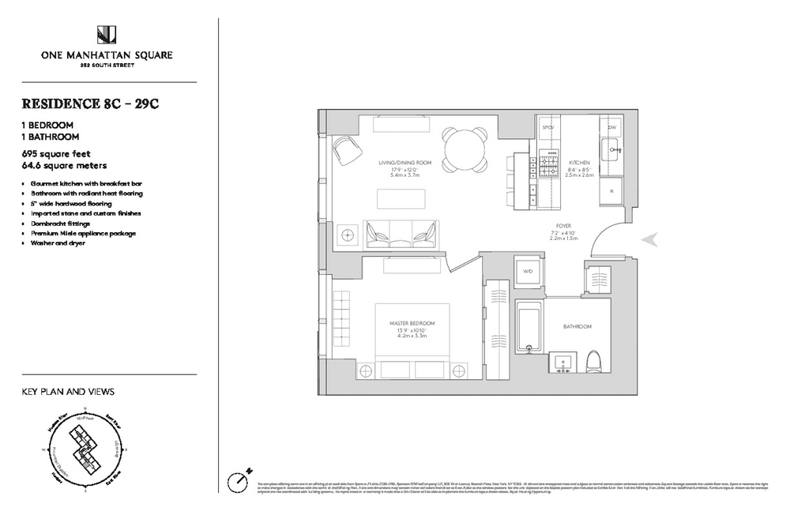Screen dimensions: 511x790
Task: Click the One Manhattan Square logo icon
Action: point(107,35)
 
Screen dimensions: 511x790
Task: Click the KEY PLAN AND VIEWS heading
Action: point(68,391)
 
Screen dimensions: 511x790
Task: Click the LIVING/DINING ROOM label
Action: point(402,163)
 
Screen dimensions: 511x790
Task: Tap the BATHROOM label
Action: point(577,326)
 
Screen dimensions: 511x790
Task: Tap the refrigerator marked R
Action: point(612,191)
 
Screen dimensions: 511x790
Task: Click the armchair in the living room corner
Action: point(345,148)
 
